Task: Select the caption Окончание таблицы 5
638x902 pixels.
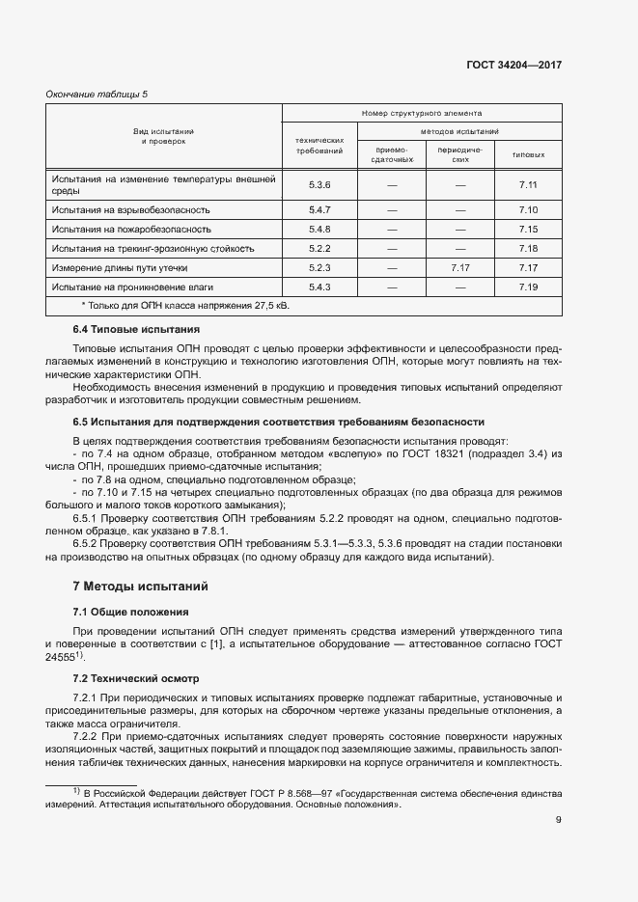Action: (97, 94)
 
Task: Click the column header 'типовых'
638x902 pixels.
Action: (527, 154)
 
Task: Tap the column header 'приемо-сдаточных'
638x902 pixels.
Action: (391, 154)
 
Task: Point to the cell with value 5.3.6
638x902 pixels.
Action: (319, 184)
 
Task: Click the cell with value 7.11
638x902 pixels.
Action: (527, 184)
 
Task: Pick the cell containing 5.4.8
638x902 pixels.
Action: (319, 229)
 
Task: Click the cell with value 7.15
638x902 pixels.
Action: (527, 229)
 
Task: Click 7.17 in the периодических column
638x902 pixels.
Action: (459, 267)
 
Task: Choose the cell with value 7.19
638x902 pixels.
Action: (527, 287)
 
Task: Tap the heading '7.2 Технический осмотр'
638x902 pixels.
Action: (136, 678)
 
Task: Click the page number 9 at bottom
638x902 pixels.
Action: (558, 820)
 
